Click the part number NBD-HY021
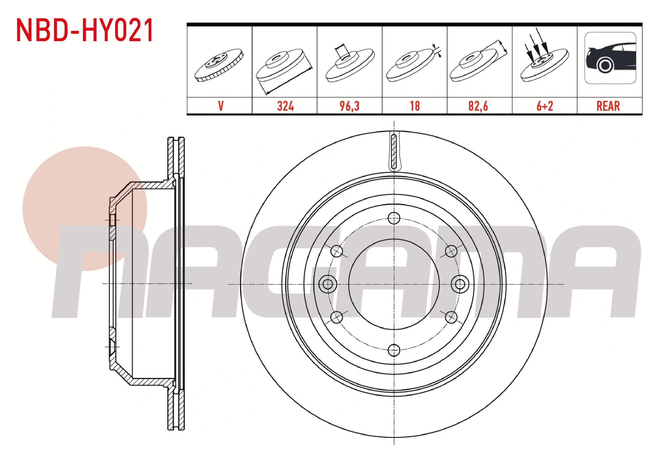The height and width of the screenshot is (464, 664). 85,31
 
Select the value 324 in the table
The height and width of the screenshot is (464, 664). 285,106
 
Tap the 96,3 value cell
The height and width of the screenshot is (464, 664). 349,106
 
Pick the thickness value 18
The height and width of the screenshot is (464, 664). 415,106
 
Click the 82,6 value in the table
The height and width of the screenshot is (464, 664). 478,106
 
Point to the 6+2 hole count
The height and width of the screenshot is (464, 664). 544,106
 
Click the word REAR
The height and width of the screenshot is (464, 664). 608,106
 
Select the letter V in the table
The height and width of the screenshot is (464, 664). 221,106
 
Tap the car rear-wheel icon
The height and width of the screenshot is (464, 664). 610,58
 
